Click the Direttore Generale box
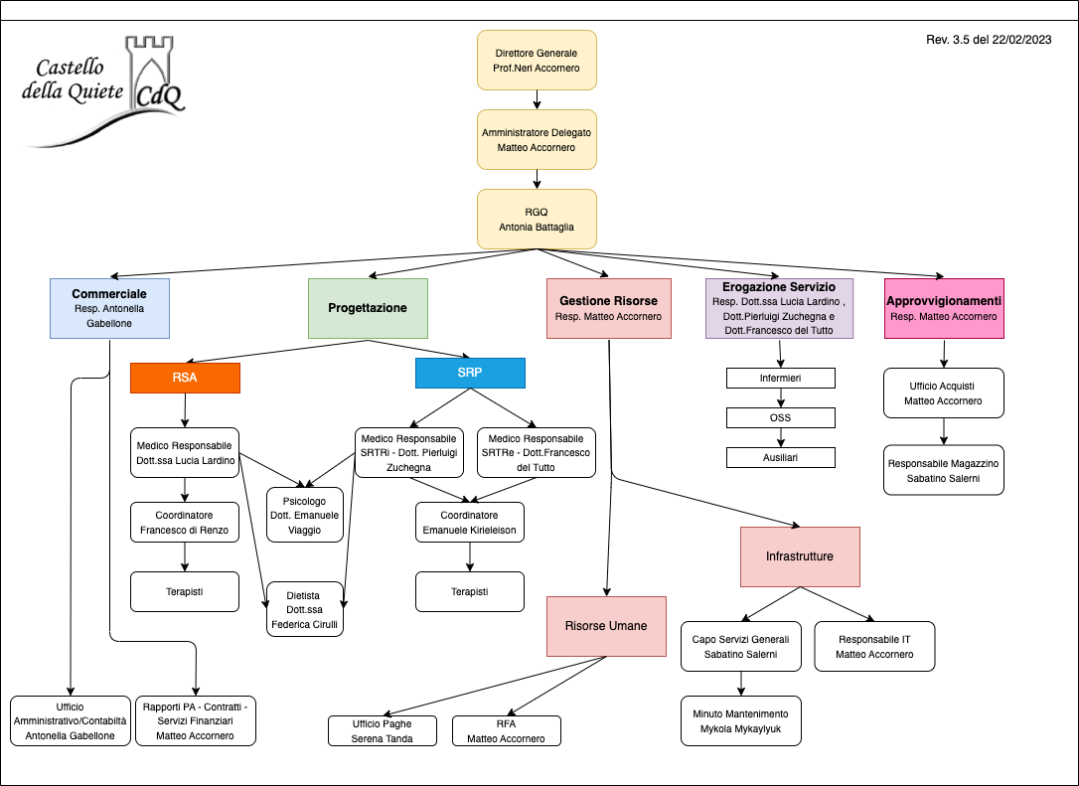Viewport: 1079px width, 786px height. (x=537, y=60)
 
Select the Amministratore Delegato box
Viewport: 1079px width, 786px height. (x=537, y=139)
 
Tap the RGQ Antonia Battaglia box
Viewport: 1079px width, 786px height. (x=537, y=219)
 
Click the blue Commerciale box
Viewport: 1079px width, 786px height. (x=109, y=308)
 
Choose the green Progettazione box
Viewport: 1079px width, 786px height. (x=368, y=308)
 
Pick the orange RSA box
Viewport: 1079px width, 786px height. (x=185, y=378)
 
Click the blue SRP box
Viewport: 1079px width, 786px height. (x=470, y=373)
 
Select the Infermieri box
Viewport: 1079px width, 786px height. (x=780, y=379)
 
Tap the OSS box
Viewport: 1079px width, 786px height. (x=780, y=417)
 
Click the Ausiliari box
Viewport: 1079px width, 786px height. (x=780, y=457)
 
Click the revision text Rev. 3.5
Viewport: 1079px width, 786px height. (x=988, y=40)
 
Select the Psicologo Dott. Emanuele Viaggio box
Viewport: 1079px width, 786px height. (x=305, y=515)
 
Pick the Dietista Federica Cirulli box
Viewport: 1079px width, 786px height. (x=305, y=609)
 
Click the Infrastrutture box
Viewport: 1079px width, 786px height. (x=800, y=556)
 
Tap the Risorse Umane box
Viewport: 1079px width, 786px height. (x=606, y=626)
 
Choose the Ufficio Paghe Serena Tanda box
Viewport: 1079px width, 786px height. (x=383, y=730)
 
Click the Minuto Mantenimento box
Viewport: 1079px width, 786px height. (x=740, y=720)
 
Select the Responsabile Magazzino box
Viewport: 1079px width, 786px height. (x=944, y=470)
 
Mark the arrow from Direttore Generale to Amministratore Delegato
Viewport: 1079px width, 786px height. (x=537, y=99)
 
